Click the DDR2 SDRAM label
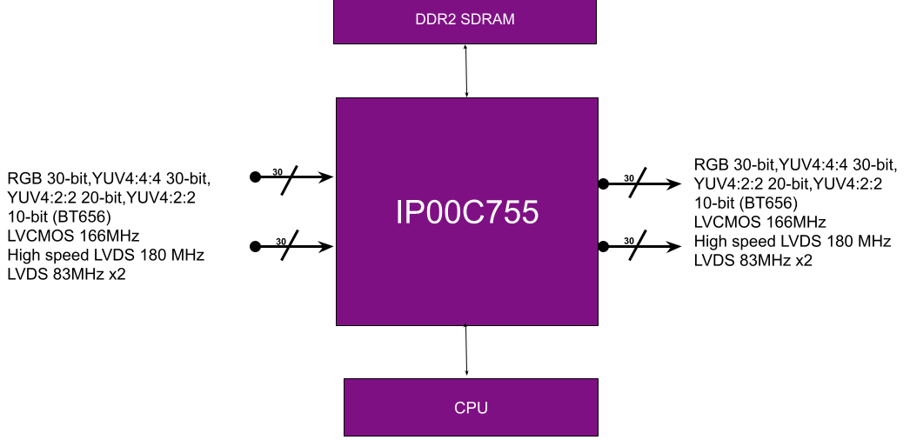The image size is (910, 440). pyautogui.click(x=465, y=19)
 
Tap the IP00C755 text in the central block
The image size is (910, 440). pyautogui.click(x=467, y=213)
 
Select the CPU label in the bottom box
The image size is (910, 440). pyautogui.click(x=471, y=407)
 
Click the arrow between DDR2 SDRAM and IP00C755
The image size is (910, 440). pyautogui.click(x=467, y=70)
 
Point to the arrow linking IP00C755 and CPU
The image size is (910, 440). pyautogui.click(x=467, y=351)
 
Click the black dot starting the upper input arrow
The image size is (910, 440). pyautogui.click(x=255, y=177)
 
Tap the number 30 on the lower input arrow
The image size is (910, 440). pyautogui.click(x=281, y=241)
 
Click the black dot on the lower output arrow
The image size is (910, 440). pyautogui.click(x=602, y=246)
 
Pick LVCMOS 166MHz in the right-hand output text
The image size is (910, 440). pyautogui.click(x=759, y=223)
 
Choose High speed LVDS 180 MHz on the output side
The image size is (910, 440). pyautogui.click(x=792, y=241)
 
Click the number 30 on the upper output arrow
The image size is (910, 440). pyautogui.click(x=628, y=178)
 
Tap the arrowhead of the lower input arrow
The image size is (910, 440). pyautogui.click(x=327, y=247)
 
